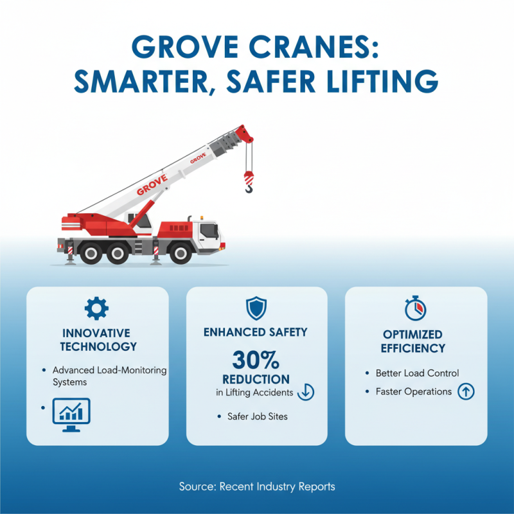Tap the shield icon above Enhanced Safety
(x=256, y=308)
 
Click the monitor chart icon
(x=70, y=411)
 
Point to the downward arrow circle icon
(x=306, y=392)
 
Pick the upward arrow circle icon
(x=466, y=391)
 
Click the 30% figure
(x=256, y=359)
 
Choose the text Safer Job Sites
(x=257, y=416)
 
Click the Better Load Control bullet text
(x=417, y=373)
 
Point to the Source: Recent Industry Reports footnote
(x=257, y=486)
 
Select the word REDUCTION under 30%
(x=256, y=379)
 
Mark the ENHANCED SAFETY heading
(x=256, y=332)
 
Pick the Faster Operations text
(x=414, y=391)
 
